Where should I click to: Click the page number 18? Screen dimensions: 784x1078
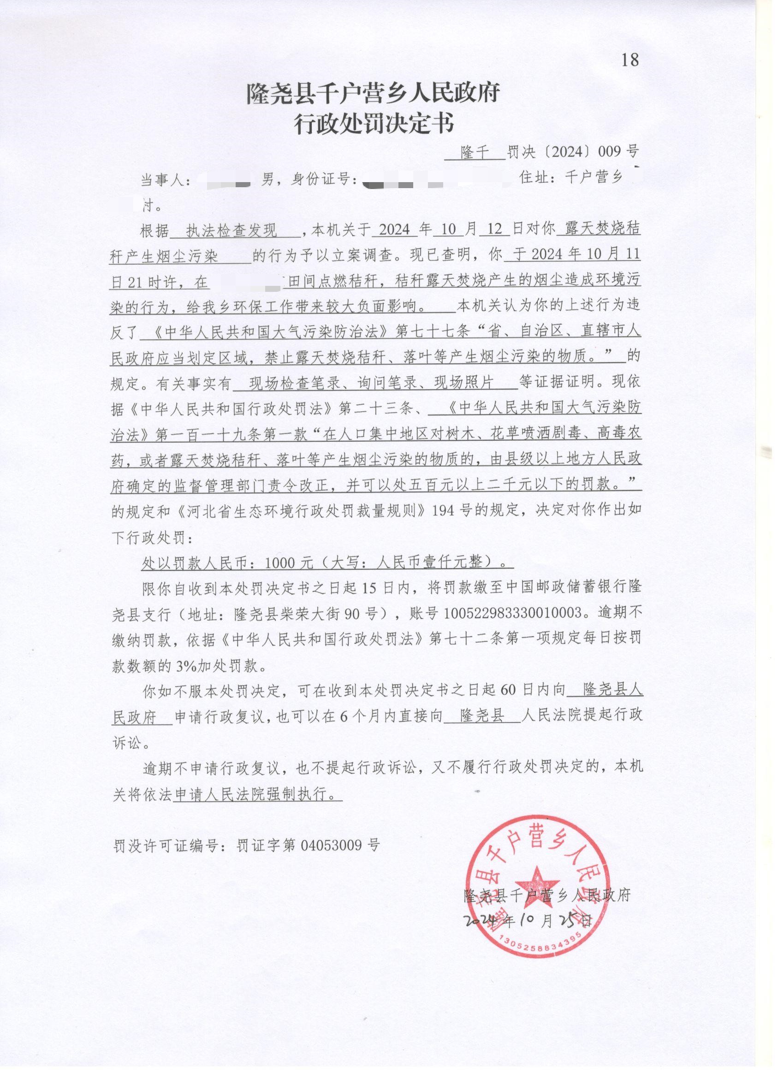(x=630, y=60)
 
